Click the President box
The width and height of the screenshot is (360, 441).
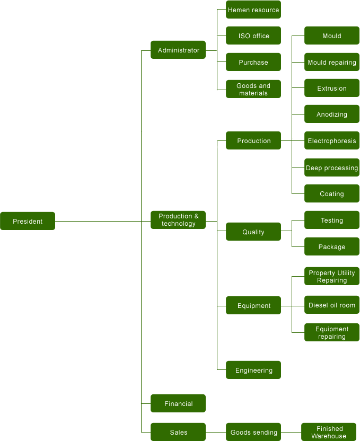click(x=28, y=221)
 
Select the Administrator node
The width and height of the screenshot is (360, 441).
click(x=178, y=50)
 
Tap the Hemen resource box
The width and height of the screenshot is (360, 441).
click(x=253, y=10)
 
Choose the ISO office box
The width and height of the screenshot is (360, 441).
click(x=253, y=36)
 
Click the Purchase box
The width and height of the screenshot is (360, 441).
click(x=253, y=62)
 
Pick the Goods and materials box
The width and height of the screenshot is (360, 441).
click(x=253, y=89)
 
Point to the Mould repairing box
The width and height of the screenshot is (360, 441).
click(x=332, y=62)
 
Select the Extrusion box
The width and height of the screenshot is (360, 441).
click(x=332, y=88)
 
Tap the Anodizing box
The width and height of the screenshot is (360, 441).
click(x=332, y=114)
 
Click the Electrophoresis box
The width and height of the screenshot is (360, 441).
click(x=332, y=140)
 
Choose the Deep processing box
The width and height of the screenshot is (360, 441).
click(x=332, y=167)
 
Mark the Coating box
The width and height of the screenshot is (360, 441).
click(x=332, y=193)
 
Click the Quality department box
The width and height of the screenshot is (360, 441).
click(x=253, y=232)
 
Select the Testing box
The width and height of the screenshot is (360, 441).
click(x=332, y=220)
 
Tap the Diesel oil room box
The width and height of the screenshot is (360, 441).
click(x=332, y=305)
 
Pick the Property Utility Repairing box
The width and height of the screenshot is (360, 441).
click(x=332, y=276)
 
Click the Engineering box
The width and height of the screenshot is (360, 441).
click(x=253, y=370)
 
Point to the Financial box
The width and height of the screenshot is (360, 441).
click(x=178, y=403)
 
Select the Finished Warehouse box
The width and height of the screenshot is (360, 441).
click(x=329, y=432)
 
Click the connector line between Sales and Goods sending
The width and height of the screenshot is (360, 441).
click(x=216, y=433)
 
